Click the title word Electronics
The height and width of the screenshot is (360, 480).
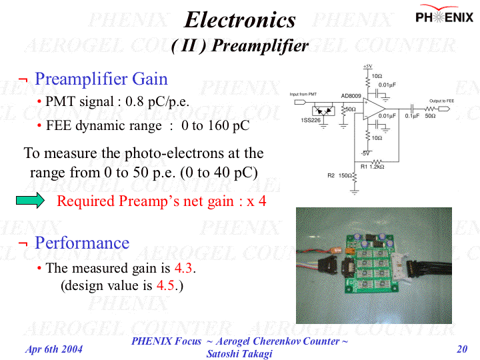point(240,20)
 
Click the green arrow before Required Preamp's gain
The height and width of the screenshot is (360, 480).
point(29,200)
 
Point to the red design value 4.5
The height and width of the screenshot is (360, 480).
point(166,286)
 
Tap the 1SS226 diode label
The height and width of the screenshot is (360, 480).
point(311,121)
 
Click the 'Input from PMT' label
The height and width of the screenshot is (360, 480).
point(303,95)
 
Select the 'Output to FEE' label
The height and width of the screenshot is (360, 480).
point(441,101)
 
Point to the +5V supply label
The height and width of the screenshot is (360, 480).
point(367,67)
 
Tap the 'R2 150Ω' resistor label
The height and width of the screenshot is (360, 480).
point(339,175)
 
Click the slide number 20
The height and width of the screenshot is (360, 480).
point(461,349)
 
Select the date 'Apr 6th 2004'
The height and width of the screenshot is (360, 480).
point(54,349)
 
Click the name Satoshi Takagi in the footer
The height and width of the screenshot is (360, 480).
point(239,353)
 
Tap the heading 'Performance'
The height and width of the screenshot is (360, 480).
point(81,242)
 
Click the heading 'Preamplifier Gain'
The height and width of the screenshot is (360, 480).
point(101,79)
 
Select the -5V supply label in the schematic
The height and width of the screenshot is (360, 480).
point(366,153)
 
